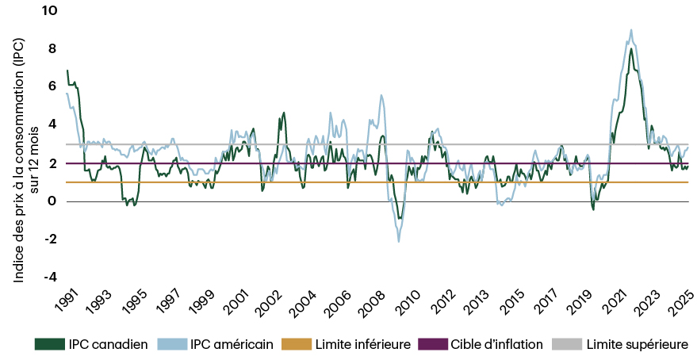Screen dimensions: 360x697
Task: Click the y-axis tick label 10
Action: (x=50, y=10)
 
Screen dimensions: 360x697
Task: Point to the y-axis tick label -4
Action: (x=50, y=277)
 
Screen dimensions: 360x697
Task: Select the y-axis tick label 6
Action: (x=52, y=86)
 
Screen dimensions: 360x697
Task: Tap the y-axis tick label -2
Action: (x=50, y=239)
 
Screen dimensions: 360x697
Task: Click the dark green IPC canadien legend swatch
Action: (x=49, y=344)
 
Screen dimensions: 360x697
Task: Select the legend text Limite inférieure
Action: (x=362, y=344)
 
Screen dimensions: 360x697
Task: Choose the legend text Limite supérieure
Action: (x=637, y=344)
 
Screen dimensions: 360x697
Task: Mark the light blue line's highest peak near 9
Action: (x=631, y=30)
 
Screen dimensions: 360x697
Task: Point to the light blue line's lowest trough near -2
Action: (x=398, y=240)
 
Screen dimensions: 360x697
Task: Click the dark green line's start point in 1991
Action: (x=67, y=71)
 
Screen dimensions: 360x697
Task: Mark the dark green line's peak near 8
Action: (x=630, y=49)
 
